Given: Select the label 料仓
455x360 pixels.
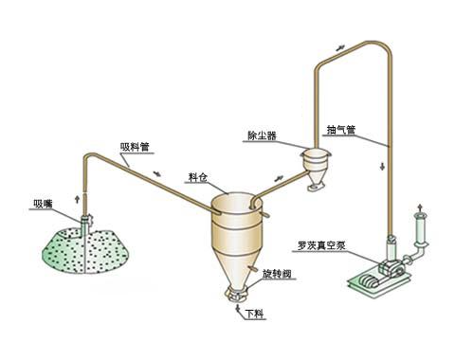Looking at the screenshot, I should pos(198,177).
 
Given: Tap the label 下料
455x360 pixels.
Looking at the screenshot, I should pos(254,312).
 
